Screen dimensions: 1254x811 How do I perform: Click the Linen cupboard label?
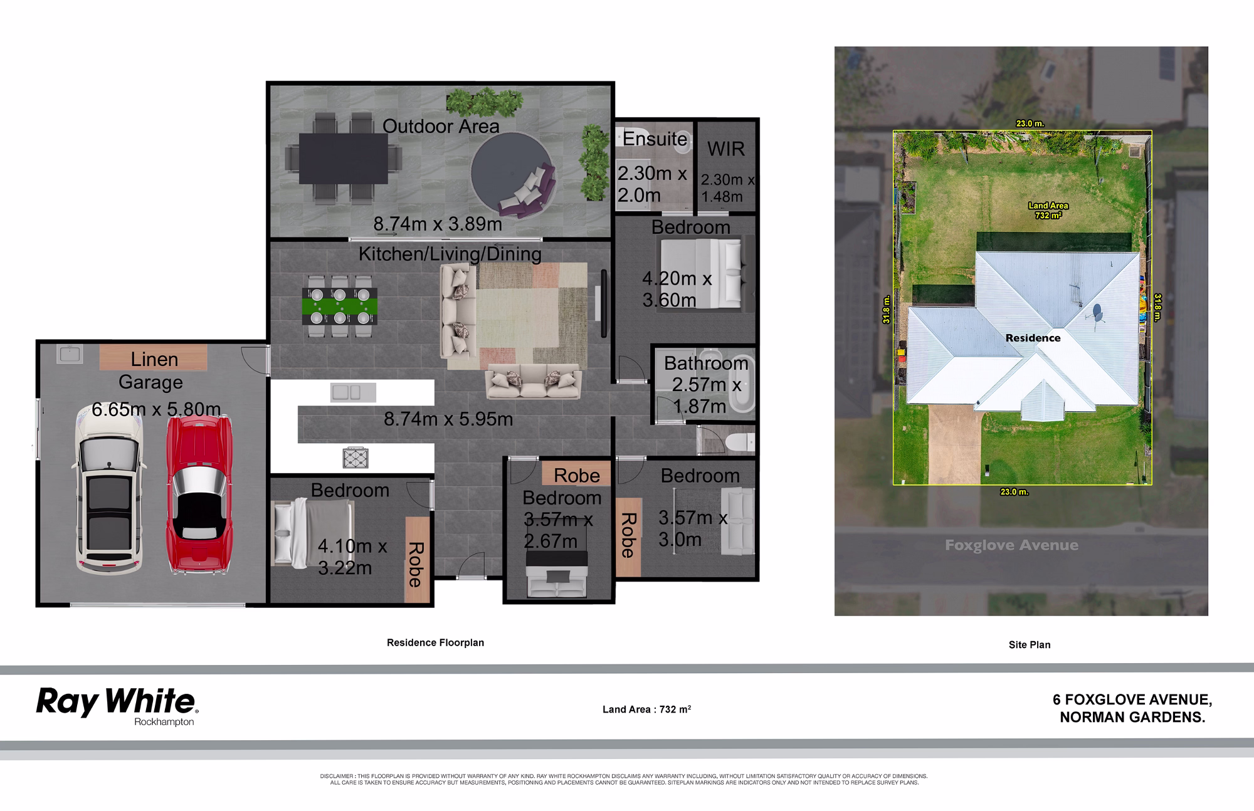(x=154, y=359)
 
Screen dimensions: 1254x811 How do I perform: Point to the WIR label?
(x=726, y=149)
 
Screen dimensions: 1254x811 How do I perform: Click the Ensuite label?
(x=655, y=139)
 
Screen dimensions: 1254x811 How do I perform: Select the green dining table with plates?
(x=340, y=306)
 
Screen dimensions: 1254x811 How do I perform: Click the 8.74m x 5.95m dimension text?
(x=448, y=419)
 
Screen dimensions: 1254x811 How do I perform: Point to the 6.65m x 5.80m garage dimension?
(x=156, y=409)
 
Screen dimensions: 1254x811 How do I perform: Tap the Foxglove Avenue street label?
(x=1011, y=545)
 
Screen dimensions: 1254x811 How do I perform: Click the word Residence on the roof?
(x=1033, y=338)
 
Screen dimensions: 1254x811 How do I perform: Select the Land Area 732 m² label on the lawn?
(x=1048, y=211)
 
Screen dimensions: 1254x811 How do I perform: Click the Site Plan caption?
(x=1030, y=644)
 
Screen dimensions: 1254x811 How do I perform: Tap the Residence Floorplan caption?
(x=435, y=642)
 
